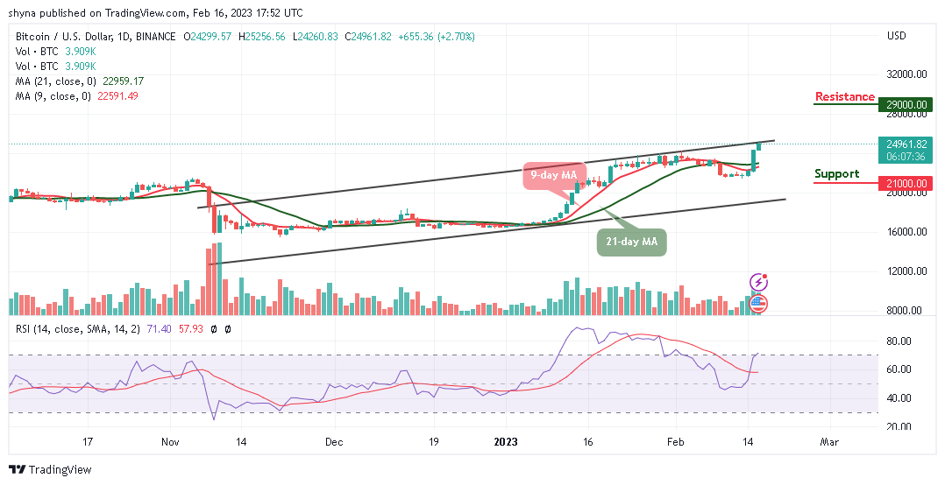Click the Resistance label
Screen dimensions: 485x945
tap(844, 96)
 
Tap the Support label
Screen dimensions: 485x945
tap(836, 173)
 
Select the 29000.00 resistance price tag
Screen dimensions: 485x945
tap(906, 104)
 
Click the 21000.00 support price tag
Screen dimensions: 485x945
tap(906, 182)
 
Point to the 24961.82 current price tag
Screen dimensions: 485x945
tap(906, 144)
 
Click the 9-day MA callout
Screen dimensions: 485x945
tap(554, 175)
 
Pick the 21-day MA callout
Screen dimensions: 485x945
tap(632, 242)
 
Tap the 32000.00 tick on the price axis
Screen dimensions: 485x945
tap(906, 74)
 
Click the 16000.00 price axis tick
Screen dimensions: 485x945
tap(906, 232)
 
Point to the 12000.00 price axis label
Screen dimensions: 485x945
tap(906, 271)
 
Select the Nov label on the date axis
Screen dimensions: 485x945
tap(171, 442)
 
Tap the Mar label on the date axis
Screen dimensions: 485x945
tap(828, 442)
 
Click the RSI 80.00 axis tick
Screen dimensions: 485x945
tap(899, 341)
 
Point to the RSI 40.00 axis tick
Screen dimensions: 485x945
tap(899, 397)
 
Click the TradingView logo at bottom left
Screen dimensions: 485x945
tap(51, 469)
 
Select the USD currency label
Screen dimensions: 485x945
tap(896, 37)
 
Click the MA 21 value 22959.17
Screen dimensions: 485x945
tap(123, 81)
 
